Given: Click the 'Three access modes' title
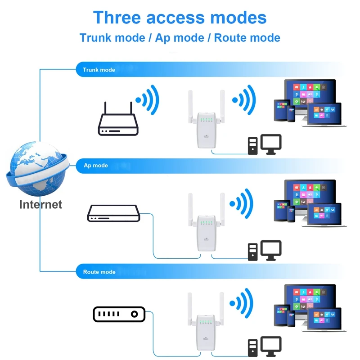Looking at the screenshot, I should [x=180, y=18].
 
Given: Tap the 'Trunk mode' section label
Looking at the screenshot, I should [x=99, y=70].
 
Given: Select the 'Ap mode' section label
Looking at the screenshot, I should [x=96, y=166].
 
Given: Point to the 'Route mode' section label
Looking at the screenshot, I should [x=99, y=272].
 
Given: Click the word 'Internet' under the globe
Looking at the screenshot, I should [x=40, y=204].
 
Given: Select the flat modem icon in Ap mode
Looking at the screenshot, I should [x=113, y=213].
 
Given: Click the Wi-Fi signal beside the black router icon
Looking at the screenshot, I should [x=148, y=100].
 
